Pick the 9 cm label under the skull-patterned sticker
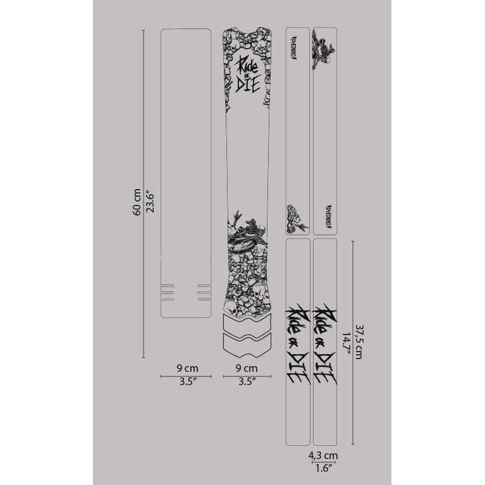(247, 367)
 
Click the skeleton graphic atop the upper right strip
(324, 50)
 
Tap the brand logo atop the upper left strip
(297, 48)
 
